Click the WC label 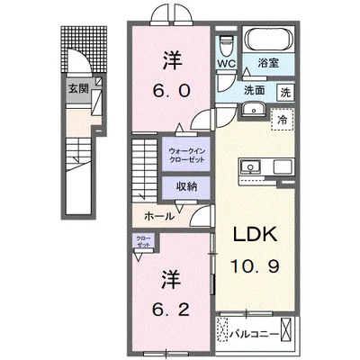point(225,64)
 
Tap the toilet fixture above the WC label point(225,43)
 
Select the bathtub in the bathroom point(269,40)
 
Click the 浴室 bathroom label point(269,64)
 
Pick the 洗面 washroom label point(255,90)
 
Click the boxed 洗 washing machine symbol point(283,92)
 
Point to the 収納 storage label point(185,187)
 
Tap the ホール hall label point(159,217)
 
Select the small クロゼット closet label point(144,241)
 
